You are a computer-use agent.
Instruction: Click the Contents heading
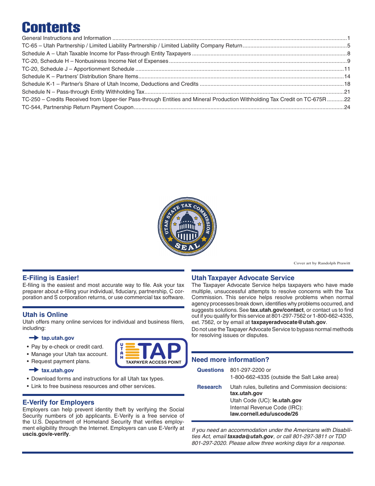51,27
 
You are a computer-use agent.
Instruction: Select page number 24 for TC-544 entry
347,107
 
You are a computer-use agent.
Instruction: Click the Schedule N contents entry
83,92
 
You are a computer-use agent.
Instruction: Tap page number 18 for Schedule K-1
347,84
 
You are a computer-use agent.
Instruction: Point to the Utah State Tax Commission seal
187,227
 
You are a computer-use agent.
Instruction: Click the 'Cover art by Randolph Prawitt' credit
322,263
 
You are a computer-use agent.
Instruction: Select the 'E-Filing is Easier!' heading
51,278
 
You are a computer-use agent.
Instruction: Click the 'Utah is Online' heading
45,315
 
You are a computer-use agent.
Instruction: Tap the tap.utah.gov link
58,338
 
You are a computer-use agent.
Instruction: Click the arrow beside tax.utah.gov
34,370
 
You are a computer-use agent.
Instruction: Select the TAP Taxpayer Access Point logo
151,353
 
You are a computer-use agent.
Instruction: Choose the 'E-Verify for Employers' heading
58,402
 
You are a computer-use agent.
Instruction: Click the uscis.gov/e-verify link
45,434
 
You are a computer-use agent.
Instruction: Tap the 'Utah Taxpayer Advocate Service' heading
243,278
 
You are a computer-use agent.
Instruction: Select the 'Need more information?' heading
230,360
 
